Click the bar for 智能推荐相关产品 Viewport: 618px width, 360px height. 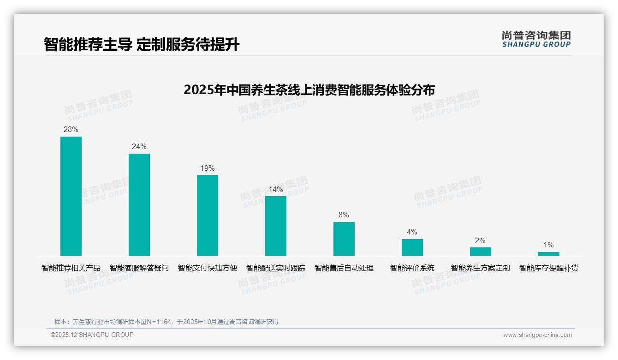(x=71, y=196)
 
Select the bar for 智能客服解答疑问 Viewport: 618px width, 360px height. (x=139, y=204)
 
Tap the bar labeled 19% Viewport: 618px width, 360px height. (x=208, y=215)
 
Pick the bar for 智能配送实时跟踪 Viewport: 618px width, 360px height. (x=276, y=226)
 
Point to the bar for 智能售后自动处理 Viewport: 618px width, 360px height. (x=344, y=239)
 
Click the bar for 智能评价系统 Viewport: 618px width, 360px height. (x=412, y=247)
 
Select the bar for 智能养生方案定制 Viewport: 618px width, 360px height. (x=481, y=252)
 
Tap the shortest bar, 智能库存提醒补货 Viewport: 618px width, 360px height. (x=548, y=254)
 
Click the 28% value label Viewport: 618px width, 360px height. (x=71, y=130)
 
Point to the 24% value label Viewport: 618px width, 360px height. (x=139, y=147)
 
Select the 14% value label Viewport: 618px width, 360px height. (x=276, y=189)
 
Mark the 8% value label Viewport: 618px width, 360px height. (x=344, y=215)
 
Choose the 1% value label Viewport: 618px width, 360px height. (x=548, y=245)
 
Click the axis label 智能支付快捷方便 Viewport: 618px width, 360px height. (x=208, y=268)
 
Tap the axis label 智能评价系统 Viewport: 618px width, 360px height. (x=412, y=268)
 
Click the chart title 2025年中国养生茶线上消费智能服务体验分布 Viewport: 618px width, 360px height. (x=309, y=90)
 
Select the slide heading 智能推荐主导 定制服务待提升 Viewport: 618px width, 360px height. (x=142, y=45)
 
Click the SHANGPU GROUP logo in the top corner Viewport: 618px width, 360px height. (x=536, y=39)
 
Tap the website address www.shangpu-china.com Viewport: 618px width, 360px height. (x=537, y=335)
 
